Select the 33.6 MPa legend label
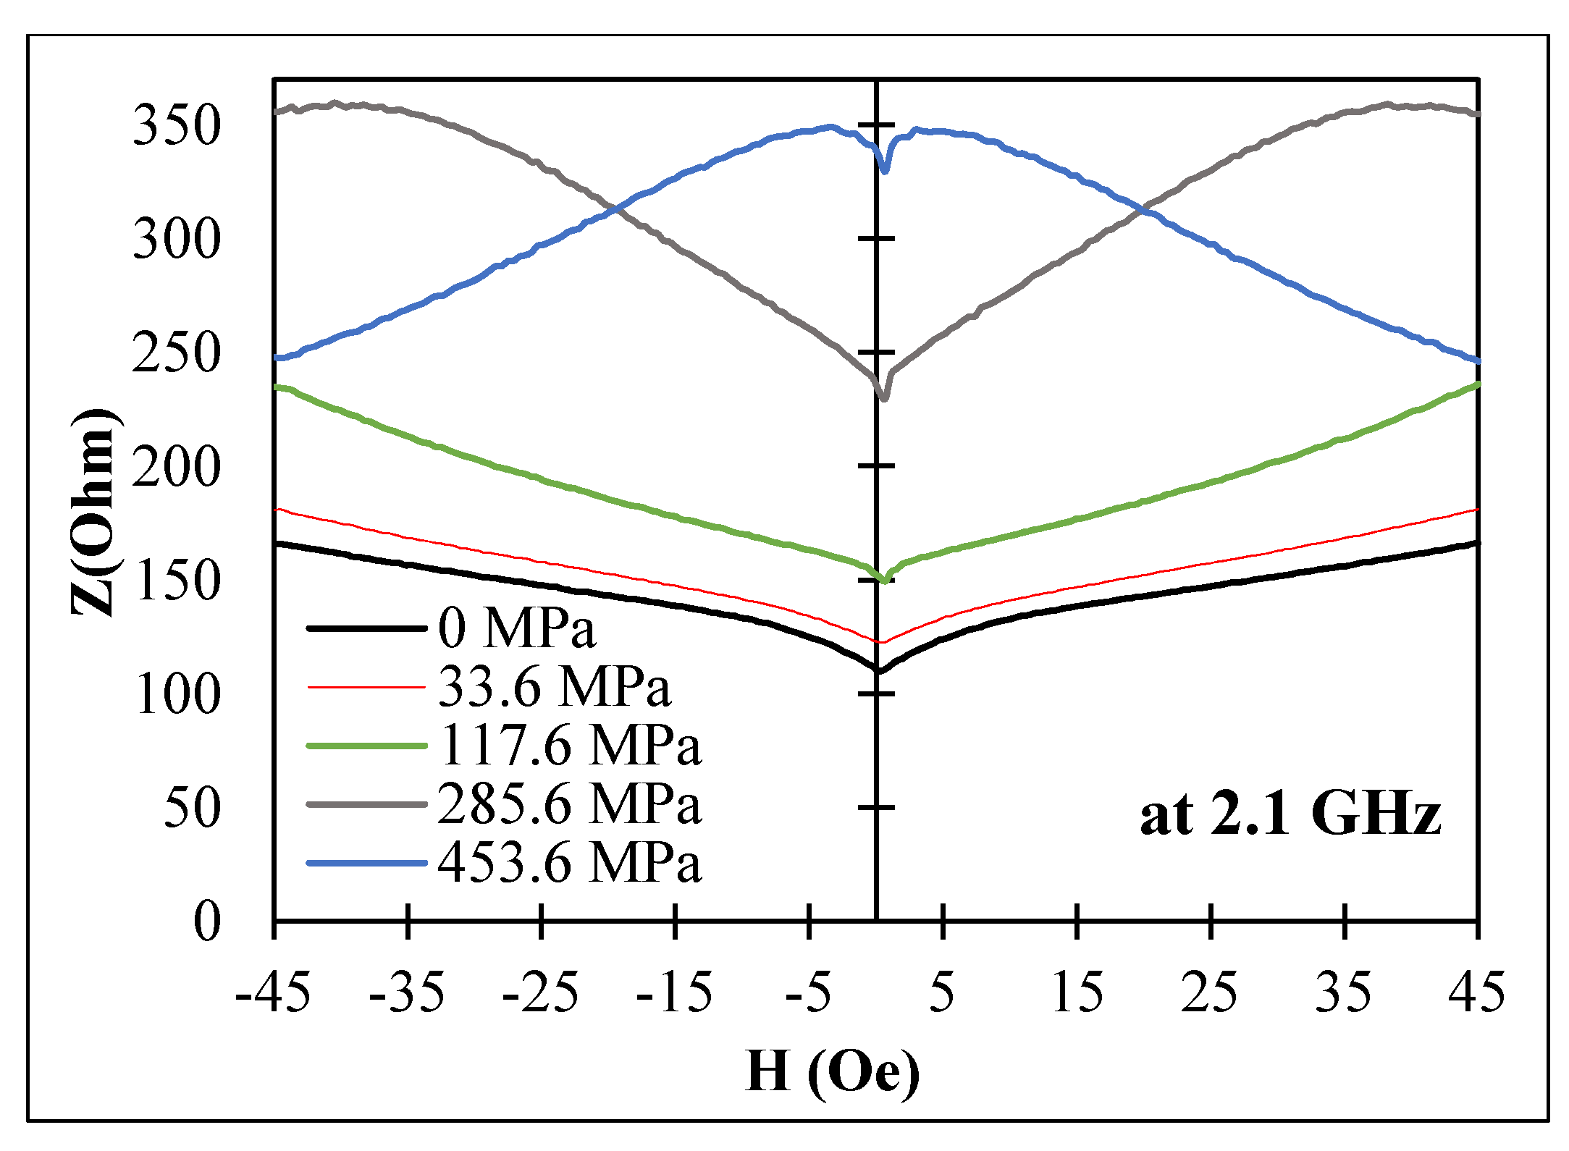coord(555,686)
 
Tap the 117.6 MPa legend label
coord(570,745)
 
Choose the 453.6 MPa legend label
coord(570,862)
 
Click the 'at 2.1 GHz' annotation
coord(1290,814)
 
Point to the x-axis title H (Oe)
coord(833,1072)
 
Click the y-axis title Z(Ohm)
coord(94,512)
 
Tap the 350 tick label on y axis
coord(176,125)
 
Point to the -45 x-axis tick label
coord(273,992)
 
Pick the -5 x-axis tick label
coord(807,992)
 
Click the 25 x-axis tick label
coord(1210,992)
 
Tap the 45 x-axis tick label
coord(1477,992)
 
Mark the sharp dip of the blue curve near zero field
coord(885,171)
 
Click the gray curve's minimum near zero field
coord(884,398)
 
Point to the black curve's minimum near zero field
coord(879,670)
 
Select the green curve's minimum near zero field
coord(885,581)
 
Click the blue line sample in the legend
coord(366,863)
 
